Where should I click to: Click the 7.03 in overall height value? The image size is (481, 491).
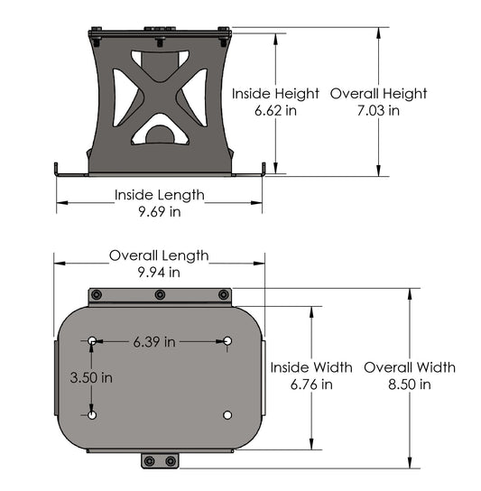(x=378, y=110)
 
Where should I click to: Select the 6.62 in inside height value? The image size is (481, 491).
(x=275, y=110)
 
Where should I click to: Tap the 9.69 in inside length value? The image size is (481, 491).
(x=159, y=211)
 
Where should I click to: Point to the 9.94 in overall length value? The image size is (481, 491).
(x=159, y=272)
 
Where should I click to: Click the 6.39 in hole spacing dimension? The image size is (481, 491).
(x=153, y=341)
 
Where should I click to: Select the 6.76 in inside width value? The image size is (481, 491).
(x=311, y=384)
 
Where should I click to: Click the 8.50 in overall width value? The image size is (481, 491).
(x=410, y=384)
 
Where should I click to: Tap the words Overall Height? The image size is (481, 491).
(x=378, y=93)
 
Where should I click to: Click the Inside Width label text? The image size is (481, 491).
(x=311, y=367)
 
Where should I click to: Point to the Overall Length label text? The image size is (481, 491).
(x=159, y=255)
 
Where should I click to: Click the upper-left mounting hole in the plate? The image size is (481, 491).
(x=93, y=340)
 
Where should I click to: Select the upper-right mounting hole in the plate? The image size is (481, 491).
(x=227, y=340)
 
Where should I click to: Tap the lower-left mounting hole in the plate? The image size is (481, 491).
(x=93, y=415)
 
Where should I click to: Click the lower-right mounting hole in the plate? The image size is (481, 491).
(x=227, y=415)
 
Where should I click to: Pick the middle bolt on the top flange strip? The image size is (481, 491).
(x=160, y=295)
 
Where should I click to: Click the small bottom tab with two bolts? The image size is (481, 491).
(x=160, y=461)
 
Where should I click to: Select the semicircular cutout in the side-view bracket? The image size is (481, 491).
(x=160, y=135)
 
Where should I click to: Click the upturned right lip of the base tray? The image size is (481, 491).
(x=263, y=169)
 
